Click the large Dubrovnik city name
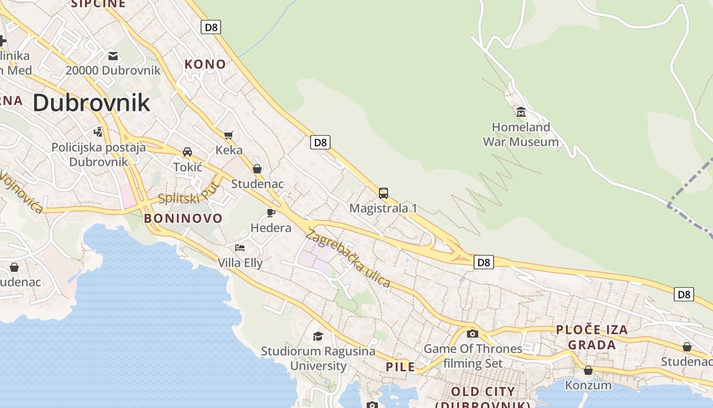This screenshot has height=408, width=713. point(92,103)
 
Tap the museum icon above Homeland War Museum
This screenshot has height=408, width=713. point(520,112)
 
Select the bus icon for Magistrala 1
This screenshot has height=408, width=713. point(383,193)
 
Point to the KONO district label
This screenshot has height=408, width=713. point(205,64)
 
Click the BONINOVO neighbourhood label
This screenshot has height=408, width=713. point(183,218)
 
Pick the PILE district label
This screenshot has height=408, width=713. point(400,367)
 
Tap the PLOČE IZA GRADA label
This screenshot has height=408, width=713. point(592,337)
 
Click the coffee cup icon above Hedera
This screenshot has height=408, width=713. point(271,213)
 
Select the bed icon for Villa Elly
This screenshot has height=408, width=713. point(240,248)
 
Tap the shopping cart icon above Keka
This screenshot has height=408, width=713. point(229,135)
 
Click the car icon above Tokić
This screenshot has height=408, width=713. point(187,152)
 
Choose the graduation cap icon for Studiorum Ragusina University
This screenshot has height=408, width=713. point(318,336)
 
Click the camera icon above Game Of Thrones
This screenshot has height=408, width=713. point(473,334)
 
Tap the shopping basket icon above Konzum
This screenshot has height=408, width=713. point(588,370)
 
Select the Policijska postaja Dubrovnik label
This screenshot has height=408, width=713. point(98,155)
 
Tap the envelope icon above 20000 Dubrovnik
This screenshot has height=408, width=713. point(113,56)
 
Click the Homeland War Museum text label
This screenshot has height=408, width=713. point(520,134)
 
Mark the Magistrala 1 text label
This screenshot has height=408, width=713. point(383,208)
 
